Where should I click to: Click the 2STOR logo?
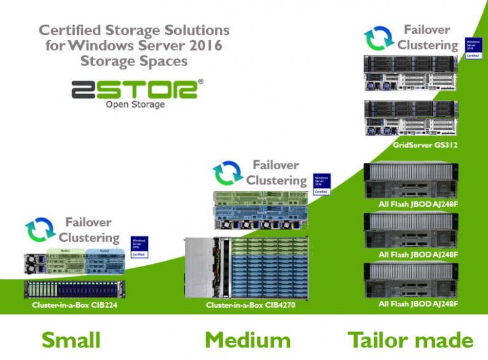137,89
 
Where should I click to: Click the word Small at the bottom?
71,340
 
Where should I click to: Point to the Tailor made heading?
410,340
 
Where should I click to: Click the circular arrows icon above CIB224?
41,231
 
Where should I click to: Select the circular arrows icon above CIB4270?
227,174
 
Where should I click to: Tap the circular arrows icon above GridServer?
379,38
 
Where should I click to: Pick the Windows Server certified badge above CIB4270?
322,184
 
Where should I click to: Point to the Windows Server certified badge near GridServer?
473,48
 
